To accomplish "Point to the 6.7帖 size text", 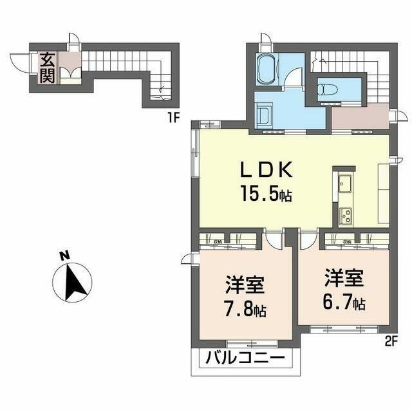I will click(x=344, y=301).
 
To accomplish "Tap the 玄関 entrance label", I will click(x=48, y=68).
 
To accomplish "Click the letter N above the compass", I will click(x=65, y=256).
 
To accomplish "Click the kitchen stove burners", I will click(x=346, y=214).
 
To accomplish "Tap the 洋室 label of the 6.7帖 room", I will click(x=344, y=278).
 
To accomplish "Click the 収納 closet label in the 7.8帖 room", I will click(x=218, y=242).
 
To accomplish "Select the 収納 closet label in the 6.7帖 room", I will click(x=347, y=242).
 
